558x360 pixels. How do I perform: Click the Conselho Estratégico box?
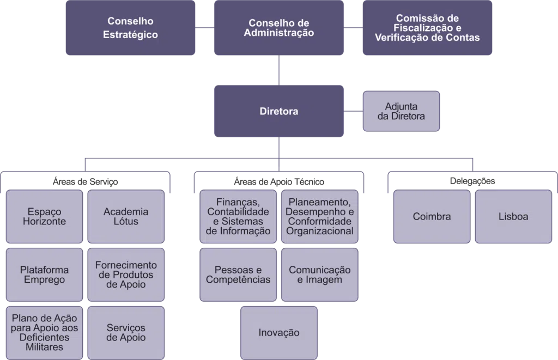130,28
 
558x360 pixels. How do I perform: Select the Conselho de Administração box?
278,28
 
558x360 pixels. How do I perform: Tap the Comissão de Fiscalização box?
427,28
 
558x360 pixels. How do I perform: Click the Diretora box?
278,111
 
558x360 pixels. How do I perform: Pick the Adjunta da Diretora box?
401,111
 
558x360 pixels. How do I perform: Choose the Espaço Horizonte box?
45,216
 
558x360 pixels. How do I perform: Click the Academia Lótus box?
126,216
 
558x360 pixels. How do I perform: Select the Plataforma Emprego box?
45,274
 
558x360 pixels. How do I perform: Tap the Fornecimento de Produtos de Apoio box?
126,274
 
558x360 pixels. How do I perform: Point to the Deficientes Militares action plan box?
45,332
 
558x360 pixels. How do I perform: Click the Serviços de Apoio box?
126,332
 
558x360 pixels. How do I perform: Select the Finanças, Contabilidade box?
238,216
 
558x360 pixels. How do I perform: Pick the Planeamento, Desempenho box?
320,216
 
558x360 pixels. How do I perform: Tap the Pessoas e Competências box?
238,274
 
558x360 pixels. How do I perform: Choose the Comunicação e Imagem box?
320,274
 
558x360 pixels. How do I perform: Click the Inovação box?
278,332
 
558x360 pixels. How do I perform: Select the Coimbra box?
432,216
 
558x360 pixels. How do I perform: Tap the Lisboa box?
513,216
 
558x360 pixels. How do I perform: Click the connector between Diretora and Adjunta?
354,111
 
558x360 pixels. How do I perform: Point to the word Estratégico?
130,35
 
